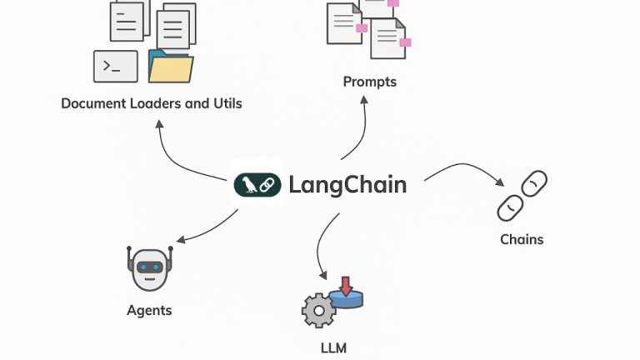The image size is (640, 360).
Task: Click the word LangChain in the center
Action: [347, 184]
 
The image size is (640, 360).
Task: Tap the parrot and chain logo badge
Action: [257, 184]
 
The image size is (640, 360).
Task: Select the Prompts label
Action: [369, 82]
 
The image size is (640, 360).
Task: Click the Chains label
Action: [522, 239]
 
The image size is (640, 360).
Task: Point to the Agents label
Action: [149, 310]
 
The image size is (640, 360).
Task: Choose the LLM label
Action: [333, 347]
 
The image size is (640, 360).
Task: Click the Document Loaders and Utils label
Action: [152, 104]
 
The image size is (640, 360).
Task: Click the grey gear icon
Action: [318, 310]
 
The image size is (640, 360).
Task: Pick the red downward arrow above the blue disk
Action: [346, 285]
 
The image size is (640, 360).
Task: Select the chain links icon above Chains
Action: [522, 196]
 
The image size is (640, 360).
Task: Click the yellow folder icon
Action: [171, 67]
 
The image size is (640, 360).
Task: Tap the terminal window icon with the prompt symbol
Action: [116, 66]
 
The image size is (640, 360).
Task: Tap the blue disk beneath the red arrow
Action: [346, 297]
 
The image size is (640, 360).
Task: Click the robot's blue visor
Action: [149, 267]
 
